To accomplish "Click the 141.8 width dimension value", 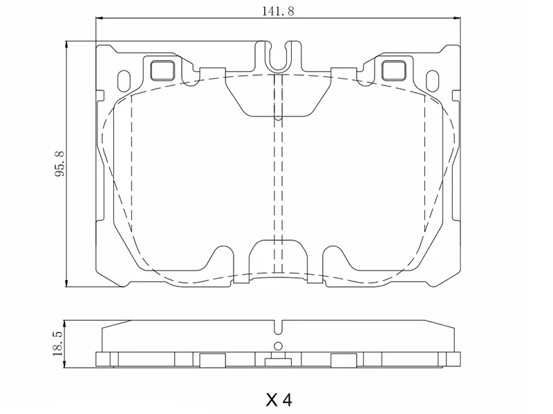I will point(276,10).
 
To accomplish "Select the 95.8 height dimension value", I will point(60,164).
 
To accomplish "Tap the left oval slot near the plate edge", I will point(124,79).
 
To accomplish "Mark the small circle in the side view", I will point(278,346).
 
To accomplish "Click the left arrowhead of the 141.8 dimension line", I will point(97,19).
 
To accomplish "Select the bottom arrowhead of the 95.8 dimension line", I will point(67,282).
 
